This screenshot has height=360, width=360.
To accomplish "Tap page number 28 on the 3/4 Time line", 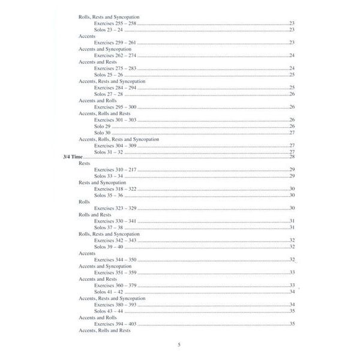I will pos(292,157).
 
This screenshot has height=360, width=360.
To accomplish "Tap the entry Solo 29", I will pos(103,126).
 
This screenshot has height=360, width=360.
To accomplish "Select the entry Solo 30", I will pos(103,133).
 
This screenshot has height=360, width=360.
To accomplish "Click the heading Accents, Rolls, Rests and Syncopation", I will pos(119,139).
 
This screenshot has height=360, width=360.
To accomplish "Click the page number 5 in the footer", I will pos(179,345).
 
